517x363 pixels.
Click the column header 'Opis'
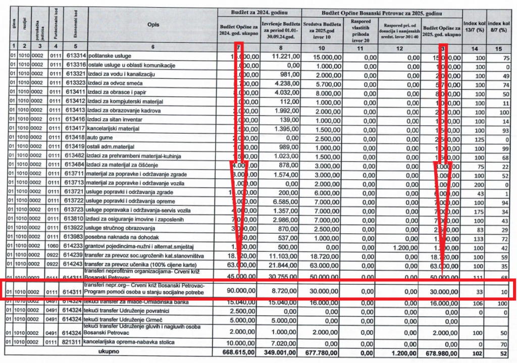tap(152, 25)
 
